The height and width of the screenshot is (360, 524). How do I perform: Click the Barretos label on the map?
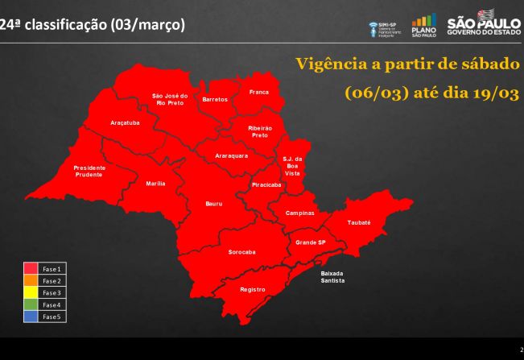click(x=215, y=99)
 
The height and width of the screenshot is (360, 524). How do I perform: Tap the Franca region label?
click(x=258, y=93)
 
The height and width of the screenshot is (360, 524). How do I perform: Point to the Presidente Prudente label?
click(x=89, y=172)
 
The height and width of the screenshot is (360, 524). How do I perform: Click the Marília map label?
click(x=156, y=184)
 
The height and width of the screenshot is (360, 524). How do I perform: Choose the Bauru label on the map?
click(x=203, y=204)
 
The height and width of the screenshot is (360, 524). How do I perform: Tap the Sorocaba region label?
click(x=241, y=252)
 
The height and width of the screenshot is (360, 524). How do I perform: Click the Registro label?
click(x=252, y=288)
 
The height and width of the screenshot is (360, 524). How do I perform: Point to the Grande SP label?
click(x=311, y=242)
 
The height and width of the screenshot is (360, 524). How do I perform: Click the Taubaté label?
click(x=359, y=221)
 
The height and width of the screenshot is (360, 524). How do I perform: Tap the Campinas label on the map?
click(x=299, y=213)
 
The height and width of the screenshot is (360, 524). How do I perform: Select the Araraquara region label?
click(x=231, y=155)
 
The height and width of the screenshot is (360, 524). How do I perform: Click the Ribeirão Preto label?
click(x=260, y=132)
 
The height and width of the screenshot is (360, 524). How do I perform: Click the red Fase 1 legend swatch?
click(x=31, y=267)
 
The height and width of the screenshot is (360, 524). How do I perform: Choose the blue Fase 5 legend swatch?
click(x=31, y=317)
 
